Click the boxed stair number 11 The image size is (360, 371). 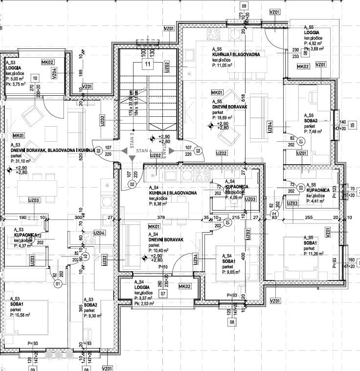(147, 64)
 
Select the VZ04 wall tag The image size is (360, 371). (54, 74)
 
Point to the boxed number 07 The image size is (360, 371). (163, 294)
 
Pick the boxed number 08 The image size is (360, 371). (232, 322)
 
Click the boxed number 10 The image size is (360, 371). (35, 78)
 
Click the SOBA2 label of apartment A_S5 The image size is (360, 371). (311, 120)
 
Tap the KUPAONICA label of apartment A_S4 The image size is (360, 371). (237, 187)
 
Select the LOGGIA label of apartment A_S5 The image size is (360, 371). (312, 33)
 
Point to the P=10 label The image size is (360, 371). (162, 267)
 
